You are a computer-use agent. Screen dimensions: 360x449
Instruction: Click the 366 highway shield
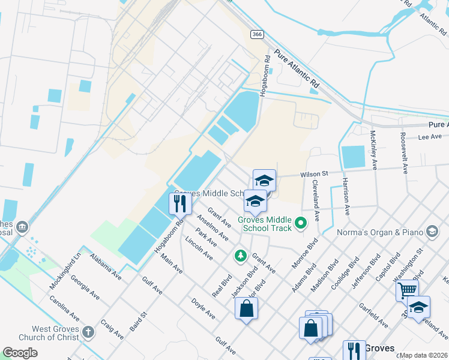point(257,35)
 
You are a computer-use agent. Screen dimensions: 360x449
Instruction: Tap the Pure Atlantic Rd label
point(297,67)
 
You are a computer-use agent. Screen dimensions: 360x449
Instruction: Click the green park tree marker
point(241,256)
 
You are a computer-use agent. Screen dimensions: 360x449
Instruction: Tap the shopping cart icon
point(407,291)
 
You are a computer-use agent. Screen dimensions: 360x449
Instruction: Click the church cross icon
point(88,332)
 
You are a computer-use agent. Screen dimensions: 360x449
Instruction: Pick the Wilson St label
point(314,173)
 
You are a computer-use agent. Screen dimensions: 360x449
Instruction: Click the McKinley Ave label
point(373,150)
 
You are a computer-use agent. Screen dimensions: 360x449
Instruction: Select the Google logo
point(20,353)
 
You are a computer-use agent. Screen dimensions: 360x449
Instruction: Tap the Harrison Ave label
point(346,196)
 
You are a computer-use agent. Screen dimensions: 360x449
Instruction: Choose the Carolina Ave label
point(65,307)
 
